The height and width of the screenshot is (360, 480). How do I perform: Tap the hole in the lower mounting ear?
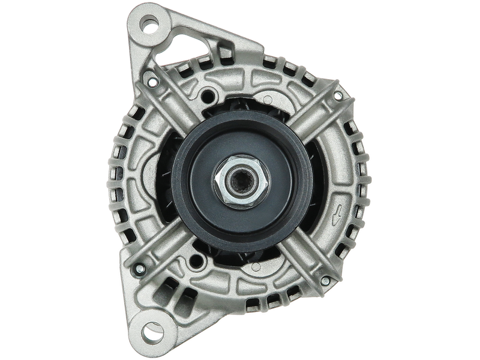click(x=153, y=329)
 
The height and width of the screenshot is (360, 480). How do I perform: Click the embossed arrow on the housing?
click(x=339, y=211)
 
